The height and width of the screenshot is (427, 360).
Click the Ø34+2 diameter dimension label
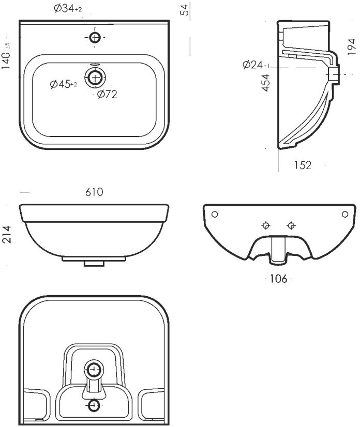[68, 9]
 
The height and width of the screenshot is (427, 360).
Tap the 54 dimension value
[185, 10]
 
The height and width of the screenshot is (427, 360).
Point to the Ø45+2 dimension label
[63, 84]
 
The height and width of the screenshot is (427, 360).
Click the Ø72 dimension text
[108, 94]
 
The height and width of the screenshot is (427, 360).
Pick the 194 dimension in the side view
[352, 47]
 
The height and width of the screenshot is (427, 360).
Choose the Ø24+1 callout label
[256, 65]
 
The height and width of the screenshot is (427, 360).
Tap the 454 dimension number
[265, 83]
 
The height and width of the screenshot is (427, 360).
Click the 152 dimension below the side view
[303, 165]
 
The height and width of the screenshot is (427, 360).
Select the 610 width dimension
[94, 192]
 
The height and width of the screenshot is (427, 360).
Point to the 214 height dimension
[7, 234]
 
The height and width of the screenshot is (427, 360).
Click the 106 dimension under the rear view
[278, 279]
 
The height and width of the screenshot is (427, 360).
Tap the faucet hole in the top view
[95, 38]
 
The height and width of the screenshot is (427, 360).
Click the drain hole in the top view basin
[95, 78]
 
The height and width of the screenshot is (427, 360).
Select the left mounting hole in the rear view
[215, 215]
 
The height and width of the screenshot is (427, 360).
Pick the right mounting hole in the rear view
[344, 215]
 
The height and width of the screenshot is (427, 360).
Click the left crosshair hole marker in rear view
[265, 225]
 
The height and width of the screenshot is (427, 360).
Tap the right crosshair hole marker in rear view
[291, 225]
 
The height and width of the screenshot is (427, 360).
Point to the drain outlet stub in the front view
[94, 263]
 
